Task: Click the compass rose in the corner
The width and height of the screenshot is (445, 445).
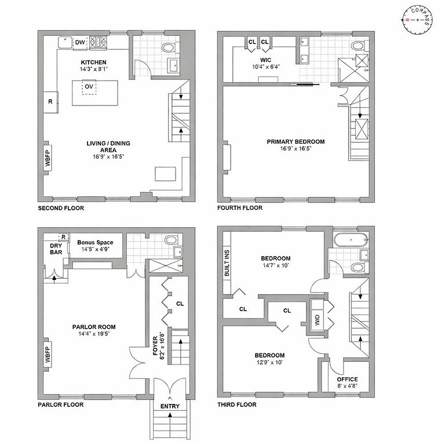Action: pyautogui.click(x=417, y=20)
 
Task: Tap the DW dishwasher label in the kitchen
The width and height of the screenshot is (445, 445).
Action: pyautogui.click(x=80, y=42)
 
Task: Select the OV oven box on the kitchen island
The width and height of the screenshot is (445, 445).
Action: pyautogui.click(x=89, y=86)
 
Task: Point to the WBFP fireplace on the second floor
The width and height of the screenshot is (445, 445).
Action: pyautogui.click(x=48, y=158)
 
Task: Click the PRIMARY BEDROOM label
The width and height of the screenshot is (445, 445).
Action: pyautogui.click(x=296, y=141)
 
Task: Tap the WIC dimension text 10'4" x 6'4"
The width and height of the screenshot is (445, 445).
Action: pyautogui.click(x=266, y=67)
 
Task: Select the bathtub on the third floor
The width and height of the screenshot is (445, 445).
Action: pyautogui.click(x=351, y=240)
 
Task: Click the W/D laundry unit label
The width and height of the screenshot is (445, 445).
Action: pyautogui.click(x=318, y=320)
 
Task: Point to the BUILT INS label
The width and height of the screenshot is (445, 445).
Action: pyautogui.click(x=227, y=263)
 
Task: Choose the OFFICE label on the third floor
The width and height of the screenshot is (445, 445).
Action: pyautogui.click(x=348, y=379)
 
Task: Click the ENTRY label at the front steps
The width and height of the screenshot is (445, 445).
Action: pyautogui.click(x=170, y=406)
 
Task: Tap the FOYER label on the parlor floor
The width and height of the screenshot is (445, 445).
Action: pyautogui.click(x=155, y=346)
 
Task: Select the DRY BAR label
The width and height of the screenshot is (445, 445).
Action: pyautogui.click(x=56, y=249)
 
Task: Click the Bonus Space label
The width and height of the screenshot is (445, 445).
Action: pyautogui.click(x=95, y=242)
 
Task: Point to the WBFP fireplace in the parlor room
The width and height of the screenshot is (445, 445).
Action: pyautogui.click(x=48, y=355)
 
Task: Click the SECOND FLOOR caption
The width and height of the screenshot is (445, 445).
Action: pyautogui.click(x=61, y=208)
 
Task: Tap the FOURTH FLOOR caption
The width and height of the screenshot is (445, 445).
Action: pyautogui.click(x=240, y=208)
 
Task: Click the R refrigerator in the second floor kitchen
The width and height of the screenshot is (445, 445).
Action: pyautogui.click(x=50, y=102)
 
